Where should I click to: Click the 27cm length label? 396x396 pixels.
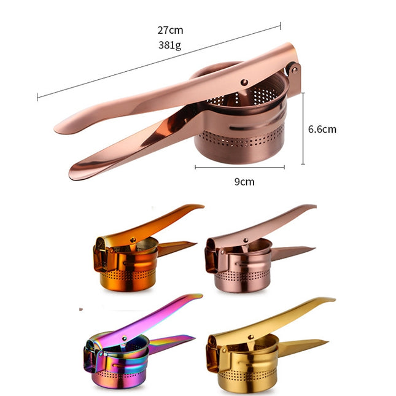(x=171, y=30)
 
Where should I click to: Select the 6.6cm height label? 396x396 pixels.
(x=322, y=130)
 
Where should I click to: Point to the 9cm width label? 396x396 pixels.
(x=244, y=182)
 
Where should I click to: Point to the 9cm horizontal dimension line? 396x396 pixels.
(x=239, y=166)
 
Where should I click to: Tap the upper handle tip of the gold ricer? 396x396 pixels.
(x=332, y=300)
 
